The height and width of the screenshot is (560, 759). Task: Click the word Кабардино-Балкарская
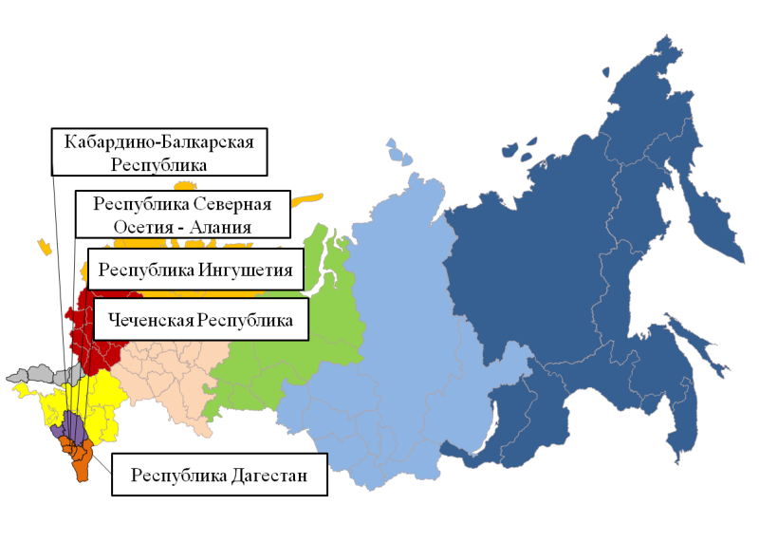pos(158,142)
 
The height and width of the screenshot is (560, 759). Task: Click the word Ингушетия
pos(250,271)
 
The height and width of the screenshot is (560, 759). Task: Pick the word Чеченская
pos(151,320)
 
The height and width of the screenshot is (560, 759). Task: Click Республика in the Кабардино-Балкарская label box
pos(158,164)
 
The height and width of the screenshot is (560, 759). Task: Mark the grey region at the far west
pos(38,374)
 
